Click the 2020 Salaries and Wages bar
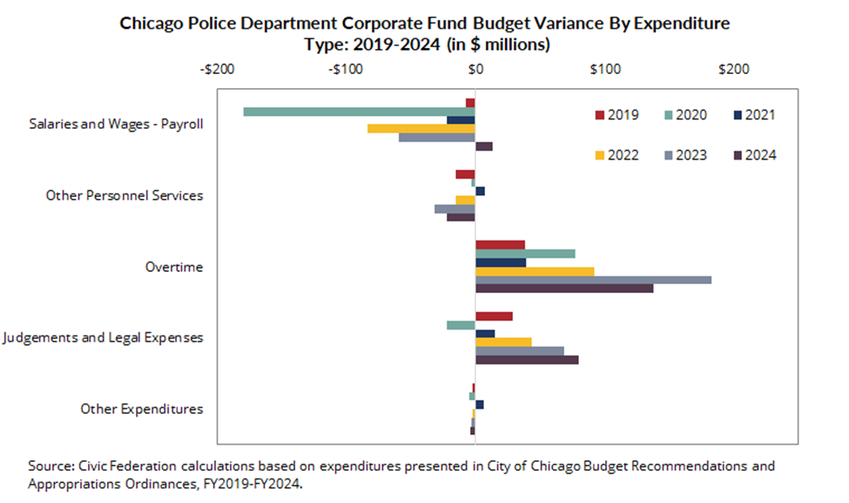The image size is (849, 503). pos(359,112)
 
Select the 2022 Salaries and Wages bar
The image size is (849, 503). pos(421,128)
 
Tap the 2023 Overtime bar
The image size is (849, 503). pos(592,280)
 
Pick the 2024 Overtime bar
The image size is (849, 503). pos(563,289)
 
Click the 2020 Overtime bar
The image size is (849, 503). pos(524,254)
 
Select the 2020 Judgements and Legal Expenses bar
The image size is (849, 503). pos(461,325)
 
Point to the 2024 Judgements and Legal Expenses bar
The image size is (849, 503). pos(526,359)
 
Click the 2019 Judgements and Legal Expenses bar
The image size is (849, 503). pos(494,316)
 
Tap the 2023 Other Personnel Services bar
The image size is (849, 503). pos(455,208)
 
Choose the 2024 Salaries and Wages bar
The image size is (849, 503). pos(483,146)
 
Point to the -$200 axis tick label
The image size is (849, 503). pos(216,69)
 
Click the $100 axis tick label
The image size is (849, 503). pos(604,69)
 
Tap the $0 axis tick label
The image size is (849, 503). pos(475,69)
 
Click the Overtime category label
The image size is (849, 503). pos(174,267)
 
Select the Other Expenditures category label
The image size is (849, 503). pos(142,409)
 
